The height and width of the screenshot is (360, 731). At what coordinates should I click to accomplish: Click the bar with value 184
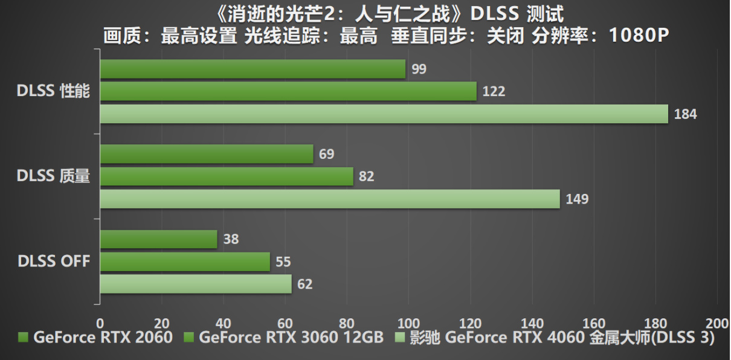[384, 114]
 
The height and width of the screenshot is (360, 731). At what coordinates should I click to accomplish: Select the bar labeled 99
[253, 69]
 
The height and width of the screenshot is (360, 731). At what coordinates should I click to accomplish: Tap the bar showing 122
[288, 92]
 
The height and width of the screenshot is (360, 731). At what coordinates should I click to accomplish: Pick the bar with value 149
[330, 199]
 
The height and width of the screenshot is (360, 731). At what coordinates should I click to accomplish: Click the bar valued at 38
[158, 239]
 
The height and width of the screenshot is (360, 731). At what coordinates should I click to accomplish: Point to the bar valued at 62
[196, 284]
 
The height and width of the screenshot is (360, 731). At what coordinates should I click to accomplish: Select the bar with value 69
[207, 154]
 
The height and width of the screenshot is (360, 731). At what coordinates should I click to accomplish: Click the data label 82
[366, 176]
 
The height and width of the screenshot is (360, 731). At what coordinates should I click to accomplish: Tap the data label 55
[283, 262]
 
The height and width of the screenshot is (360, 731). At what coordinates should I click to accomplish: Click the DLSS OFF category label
[54, 262]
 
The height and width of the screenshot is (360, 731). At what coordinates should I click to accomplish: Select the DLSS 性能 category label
[54, 92]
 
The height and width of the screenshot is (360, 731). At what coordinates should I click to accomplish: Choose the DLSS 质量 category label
[54, 176]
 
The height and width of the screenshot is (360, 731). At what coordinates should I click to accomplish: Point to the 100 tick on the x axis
[408, 321]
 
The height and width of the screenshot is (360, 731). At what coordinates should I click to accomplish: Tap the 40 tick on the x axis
[223, 321]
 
